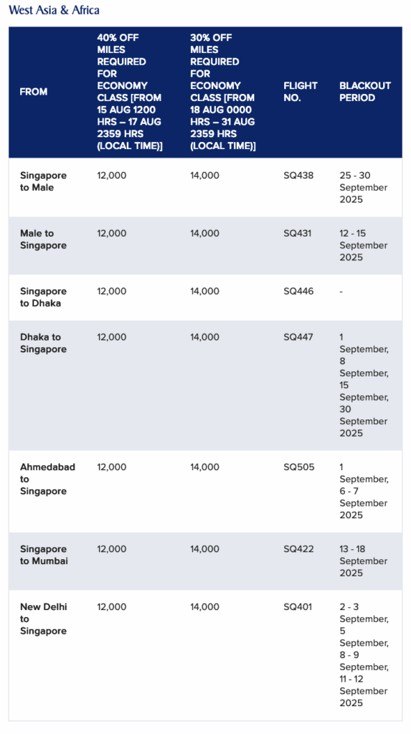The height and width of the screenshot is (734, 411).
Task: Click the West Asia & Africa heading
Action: pos(55,10)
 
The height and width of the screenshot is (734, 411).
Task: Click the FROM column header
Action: pos(34,92)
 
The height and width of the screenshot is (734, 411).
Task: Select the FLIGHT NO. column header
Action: pos(301,92)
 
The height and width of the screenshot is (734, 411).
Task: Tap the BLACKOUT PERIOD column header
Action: pos(365,92)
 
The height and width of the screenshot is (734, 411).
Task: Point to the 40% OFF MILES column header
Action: pos(130,92)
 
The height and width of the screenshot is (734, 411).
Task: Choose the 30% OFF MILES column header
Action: pos(223,92)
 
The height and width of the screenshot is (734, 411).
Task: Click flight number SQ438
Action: pos(298,176)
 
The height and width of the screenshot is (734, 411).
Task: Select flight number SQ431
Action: pos(298,234)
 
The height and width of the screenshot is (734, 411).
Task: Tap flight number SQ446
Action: pos(298,291)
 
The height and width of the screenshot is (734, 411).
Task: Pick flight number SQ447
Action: pos(298,337)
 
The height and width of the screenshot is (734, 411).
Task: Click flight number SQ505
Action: pos(298,467)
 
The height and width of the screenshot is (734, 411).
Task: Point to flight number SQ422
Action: pos(298,549)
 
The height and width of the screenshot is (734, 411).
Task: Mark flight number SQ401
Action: pos(298,606)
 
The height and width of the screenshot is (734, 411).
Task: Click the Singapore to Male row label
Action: pos(43,181)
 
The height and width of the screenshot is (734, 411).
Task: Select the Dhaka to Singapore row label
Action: pos(43,343)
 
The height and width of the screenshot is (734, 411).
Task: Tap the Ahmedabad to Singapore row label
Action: pos(47,479)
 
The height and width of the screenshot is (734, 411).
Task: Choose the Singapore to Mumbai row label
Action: pos(44,555)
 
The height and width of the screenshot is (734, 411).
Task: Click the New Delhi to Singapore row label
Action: pos(43,619)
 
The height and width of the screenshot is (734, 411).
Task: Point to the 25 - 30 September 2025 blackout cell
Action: pos(364,187)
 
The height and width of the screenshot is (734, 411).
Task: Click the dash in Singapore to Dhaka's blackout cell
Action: pos(341,291)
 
